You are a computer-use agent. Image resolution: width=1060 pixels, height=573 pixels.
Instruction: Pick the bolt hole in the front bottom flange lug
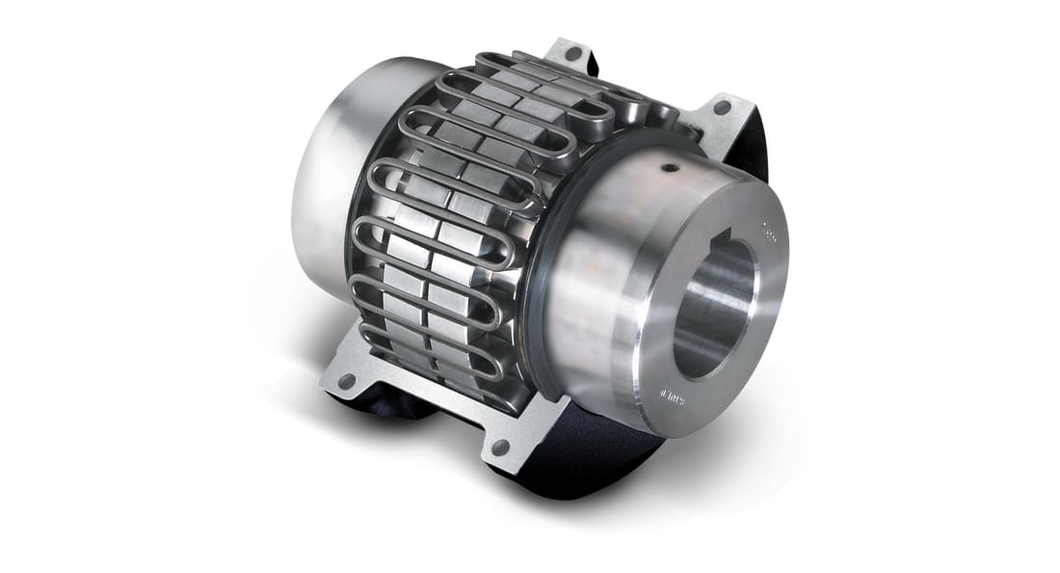click(x=500, y=448)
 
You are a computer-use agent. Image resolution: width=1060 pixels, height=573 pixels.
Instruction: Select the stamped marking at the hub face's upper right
click(x=769, y=231)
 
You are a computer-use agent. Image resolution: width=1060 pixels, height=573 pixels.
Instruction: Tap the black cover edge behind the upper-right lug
click(x=747, y=154)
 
